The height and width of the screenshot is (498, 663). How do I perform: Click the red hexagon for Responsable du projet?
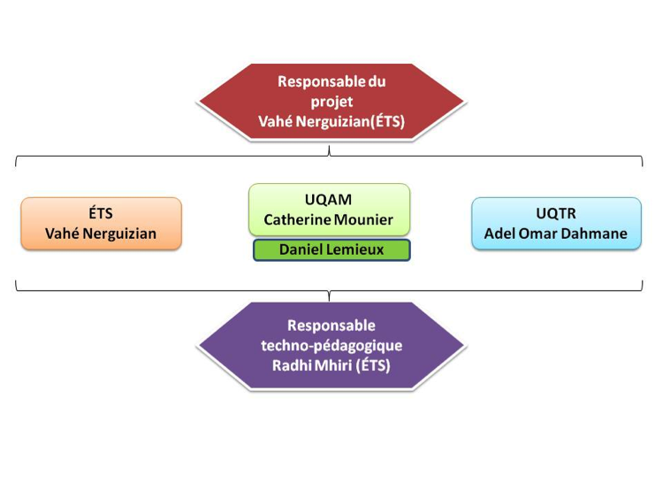(331, 102)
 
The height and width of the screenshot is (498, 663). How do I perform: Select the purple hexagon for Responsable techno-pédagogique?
(331, 345)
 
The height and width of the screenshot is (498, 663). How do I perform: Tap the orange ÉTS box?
(101, 224)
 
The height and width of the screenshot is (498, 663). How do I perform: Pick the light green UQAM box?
(329, 210)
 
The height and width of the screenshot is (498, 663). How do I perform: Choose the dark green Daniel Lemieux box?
(331, 249)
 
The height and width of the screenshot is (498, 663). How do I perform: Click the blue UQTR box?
(556, 224)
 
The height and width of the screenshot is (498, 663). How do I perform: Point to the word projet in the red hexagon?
(331, 102)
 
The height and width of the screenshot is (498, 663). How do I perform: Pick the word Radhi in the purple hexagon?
(292, 365)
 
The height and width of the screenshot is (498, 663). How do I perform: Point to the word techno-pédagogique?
(331, 346)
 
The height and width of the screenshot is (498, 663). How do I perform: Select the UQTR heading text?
(556, 213)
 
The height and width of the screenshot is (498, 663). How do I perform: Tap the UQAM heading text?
(328, 199)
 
